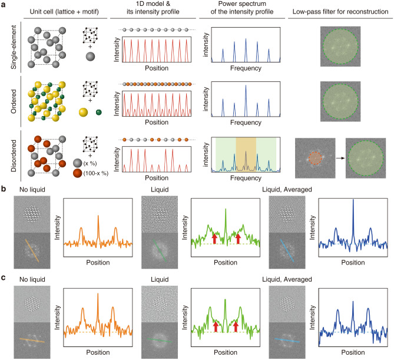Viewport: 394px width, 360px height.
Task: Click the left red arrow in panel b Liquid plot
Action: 215,239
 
